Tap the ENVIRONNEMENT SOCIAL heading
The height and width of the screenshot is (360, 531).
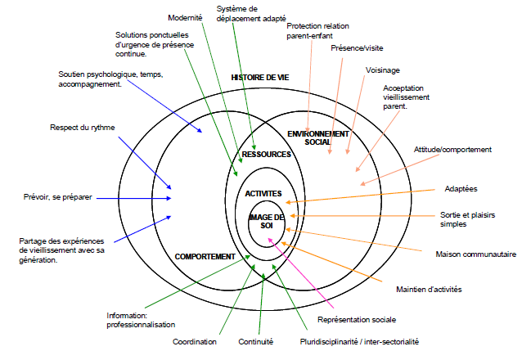pos(317,137)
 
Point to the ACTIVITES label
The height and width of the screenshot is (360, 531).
pos(263,193)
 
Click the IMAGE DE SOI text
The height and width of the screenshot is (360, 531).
pos(266,221)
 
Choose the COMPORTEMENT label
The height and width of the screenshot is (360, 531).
pos(205,256)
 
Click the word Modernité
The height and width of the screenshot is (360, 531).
pos(185,16)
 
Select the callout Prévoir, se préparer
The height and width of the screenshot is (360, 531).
pos(57,197)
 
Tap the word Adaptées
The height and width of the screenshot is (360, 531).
pos(461,188)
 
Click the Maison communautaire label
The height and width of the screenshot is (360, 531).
pos(476,254)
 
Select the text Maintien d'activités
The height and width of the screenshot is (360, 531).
pos(429,289)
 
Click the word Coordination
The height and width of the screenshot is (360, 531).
pos(195,341)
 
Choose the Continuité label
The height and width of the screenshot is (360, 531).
pos(255,341)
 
